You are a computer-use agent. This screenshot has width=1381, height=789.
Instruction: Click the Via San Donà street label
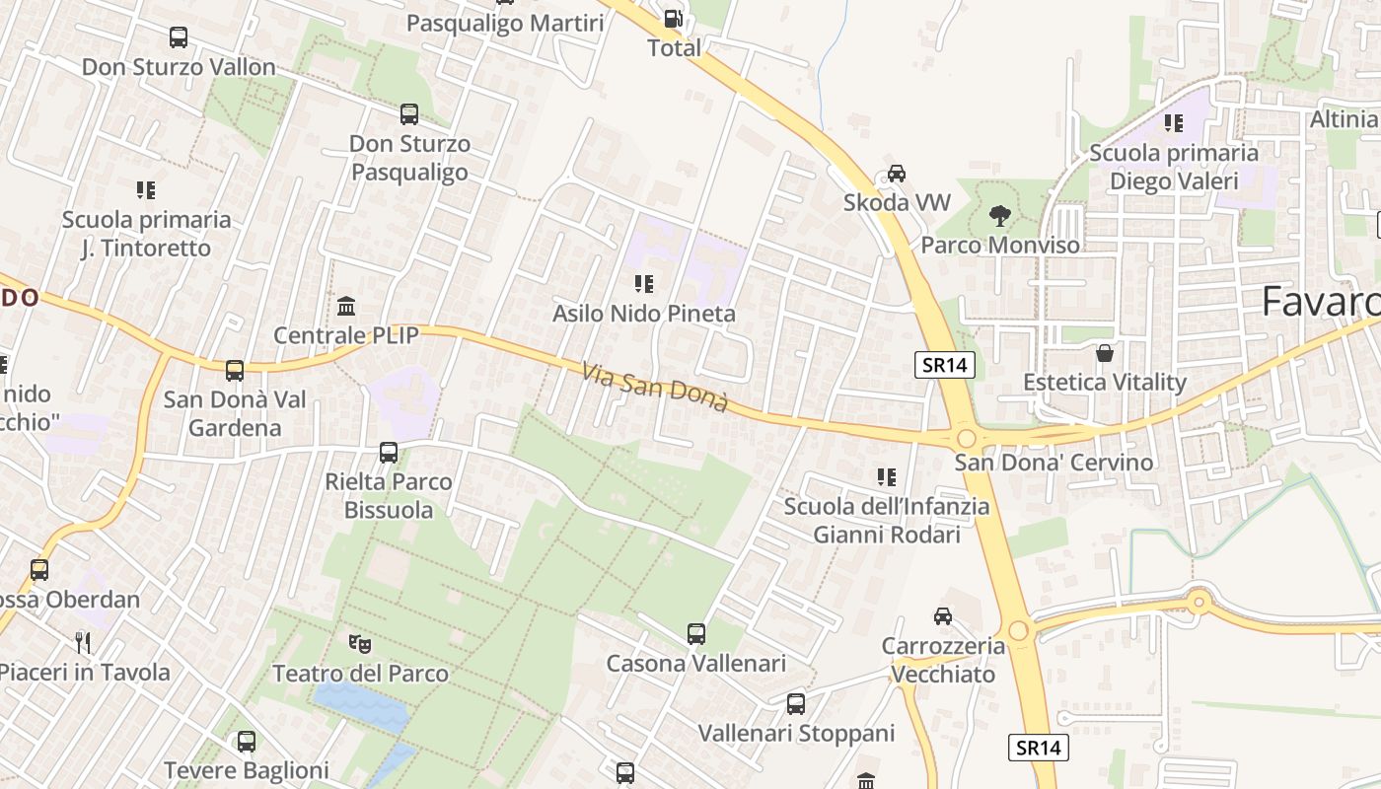tap(655, 388)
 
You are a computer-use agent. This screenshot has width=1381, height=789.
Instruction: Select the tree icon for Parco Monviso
tap(1000, 215)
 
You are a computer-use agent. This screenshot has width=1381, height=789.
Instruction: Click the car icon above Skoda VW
tap(896, 173)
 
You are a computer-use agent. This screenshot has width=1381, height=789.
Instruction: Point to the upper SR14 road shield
tap(944, 365)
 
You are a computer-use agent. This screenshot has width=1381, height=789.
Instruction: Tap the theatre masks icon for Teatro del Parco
tap(360, 644)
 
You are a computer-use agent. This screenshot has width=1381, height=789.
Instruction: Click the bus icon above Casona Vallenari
tap(696, 633)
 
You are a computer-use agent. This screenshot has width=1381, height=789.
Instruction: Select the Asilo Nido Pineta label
tap(644, 314)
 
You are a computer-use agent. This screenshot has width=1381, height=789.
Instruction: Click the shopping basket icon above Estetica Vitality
tap(1105, 352)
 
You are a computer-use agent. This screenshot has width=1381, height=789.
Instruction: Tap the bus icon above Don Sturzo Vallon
tap(179, 37)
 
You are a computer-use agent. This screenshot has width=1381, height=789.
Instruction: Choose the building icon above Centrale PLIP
tap(346, 306)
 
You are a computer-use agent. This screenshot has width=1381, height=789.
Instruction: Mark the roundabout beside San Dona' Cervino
tap(966, 438)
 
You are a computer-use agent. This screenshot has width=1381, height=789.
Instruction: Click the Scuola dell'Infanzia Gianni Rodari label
tap(886, 521)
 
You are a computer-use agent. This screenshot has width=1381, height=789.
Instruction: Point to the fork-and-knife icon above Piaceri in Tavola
tap(83, 643)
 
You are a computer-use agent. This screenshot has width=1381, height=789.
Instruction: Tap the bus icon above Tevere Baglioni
tap(247, 741)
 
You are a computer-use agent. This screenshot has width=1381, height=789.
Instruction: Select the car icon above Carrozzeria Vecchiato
tap(943, 616)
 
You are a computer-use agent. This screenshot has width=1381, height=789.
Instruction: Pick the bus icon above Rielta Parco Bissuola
tap(389, 453)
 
